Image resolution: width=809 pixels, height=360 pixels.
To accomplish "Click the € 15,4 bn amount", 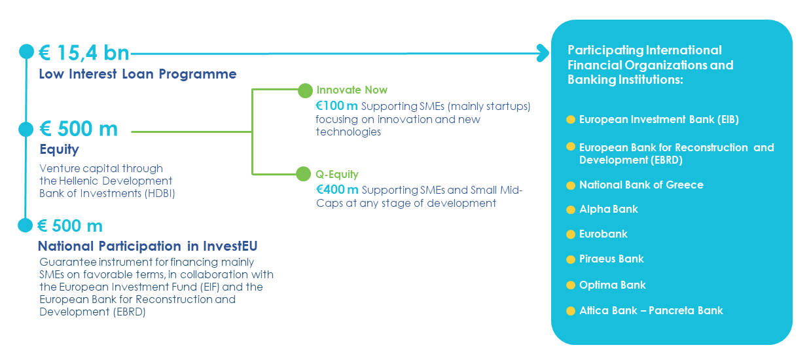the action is (84, 53).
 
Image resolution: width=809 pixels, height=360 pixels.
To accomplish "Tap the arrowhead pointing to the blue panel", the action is (543, 53).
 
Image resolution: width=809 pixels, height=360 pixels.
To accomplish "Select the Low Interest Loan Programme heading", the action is (137, 74).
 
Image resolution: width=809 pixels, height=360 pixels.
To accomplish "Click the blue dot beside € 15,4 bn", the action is (26, 52).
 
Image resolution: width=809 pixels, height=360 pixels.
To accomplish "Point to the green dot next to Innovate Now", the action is (305, 90).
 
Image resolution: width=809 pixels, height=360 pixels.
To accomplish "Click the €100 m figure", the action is (336, 106).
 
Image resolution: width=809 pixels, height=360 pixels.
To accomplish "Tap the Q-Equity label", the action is (337, 174).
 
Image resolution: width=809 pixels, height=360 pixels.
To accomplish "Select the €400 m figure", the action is (337, 189).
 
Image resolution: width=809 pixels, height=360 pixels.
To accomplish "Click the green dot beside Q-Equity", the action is (304, 174).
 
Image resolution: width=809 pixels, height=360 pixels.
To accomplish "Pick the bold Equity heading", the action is (59, 149).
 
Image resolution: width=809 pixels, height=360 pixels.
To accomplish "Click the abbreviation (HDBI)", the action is (160, 194).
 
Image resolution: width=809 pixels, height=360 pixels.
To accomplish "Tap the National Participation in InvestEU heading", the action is (148, 246).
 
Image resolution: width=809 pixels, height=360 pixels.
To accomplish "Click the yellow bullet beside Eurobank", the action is (571, 234).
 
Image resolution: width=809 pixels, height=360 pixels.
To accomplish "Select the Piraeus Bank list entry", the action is (611, 259).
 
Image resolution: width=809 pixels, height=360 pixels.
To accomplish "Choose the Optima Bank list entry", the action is (613, 285).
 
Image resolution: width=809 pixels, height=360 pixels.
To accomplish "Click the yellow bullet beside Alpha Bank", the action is (571, 210).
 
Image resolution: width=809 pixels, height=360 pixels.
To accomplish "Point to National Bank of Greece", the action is (641, 185).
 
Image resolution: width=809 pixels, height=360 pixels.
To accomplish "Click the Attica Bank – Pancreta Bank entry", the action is (651, 310).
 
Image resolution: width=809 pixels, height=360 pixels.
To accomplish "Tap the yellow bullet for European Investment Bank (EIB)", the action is (571, 120).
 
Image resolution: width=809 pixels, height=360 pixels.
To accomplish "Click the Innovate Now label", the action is (351, 90).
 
